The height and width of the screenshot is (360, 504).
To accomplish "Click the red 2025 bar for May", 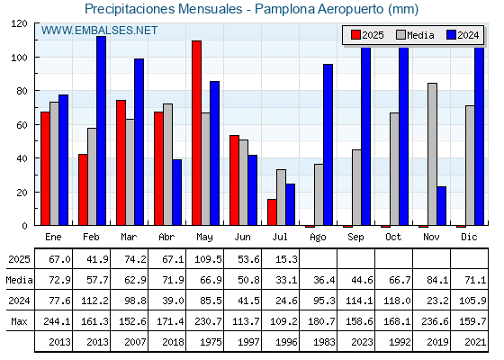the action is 197,133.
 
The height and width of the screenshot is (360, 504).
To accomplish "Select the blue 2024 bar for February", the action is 101,130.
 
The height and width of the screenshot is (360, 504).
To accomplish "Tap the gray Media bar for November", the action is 432,154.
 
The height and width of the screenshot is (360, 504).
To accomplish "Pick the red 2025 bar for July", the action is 272,212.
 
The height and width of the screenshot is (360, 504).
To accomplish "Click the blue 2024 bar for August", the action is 328,145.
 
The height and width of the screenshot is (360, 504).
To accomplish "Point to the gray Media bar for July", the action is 281,197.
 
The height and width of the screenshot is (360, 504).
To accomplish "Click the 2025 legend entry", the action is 367,35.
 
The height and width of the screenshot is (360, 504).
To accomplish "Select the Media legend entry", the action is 415,35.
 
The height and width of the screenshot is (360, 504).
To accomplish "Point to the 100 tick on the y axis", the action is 19,58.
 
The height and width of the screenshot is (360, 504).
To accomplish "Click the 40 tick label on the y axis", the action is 22,158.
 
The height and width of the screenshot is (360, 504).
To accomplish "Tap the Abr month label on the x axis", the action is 166,238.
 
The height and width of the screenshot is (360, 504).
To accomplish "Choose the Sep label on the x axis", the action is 355,238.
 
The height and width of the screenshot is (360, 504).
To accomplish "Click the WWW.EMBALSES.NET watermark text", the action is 99,31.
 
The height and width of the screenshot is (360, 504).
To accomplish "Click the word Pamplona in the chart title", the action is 284,9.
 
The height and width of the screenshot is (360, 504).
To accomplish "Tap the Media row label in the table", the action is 19,280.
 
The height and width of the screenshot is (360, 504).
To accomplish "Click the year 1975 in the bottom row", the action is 211,342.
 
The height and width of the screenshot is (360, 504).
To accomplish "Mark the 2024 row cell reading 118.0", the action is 397,301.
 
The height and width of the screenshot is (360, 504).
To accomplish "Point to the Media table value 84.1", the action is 437,280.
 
